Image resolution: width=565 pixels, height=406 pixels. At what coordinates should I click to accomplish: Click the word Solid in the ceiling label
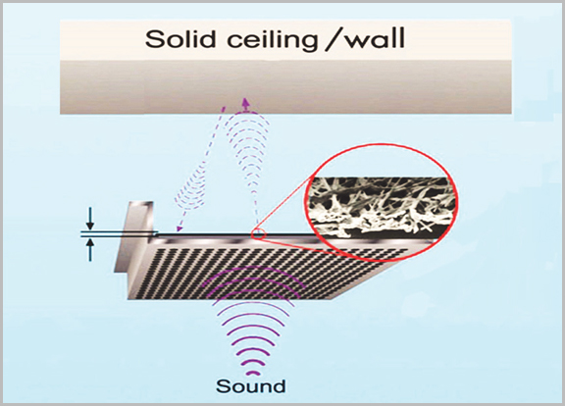tap(180, 39)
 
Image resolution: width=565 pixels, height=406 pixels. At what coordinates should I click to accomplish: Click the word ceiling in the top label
tap(272, 40)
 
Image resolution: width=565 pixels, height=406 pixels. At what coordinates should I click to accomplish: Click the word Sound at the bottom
tap(251, 386)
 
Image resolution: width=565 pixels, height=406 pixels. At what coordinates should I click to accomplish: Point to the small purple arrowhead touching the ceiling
tap(246, 102)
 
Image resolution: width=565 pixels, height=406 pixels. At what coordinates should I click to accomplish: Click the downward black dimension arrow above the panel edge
tap(90, 219)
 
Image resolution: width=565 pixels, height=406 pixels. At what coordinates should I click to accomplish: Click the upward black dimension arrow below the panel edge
tap(90, 250)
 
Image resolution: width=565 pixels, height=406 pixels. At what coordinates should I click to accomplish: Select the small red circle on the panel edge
tap(259, 234)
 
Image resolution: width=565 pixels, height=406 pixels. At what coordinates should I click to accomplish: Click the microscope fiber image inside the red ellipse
tap(381, 207)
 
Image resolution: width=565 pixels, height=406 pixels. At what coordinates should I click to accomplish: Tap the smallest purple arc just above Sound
tap(254, 374)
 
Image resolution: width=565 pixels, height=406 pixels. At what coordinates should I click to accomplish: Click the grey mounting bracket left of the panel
tap(135, 236)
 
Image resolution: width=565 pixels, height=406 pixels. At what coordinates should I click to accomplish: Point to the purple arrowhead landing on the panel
tap(178, 228)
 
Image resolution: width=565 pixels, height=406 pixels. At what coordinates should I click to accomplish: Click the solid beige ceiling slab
tap(285, 67)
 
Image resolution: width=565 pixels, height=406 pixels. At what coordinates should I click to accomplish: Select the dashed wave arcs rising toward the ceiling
tap(248, 151)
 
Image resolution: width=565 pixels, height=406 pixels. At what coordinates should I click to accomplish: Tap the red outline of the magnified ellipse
tap(381, 145)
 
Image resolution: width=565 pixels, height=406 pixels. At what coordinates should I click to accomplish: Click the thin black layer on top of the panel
tap(237, 234)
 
